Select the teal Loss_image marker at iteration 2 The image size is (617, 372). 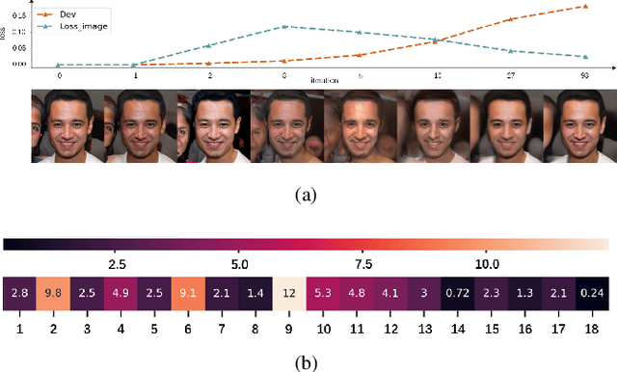(209, 45)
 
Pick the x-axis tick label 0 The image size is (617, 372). (60, 74)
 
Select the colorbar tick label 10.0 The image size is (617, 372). (487, 263)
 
